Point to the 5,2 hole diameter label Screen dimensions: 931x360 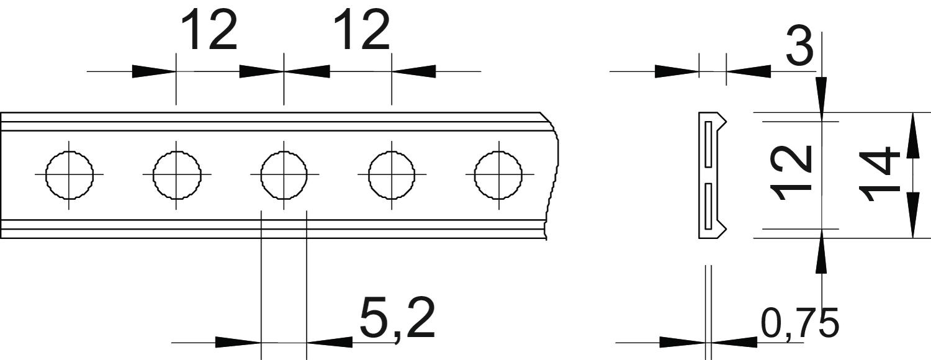click(397, 319)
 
